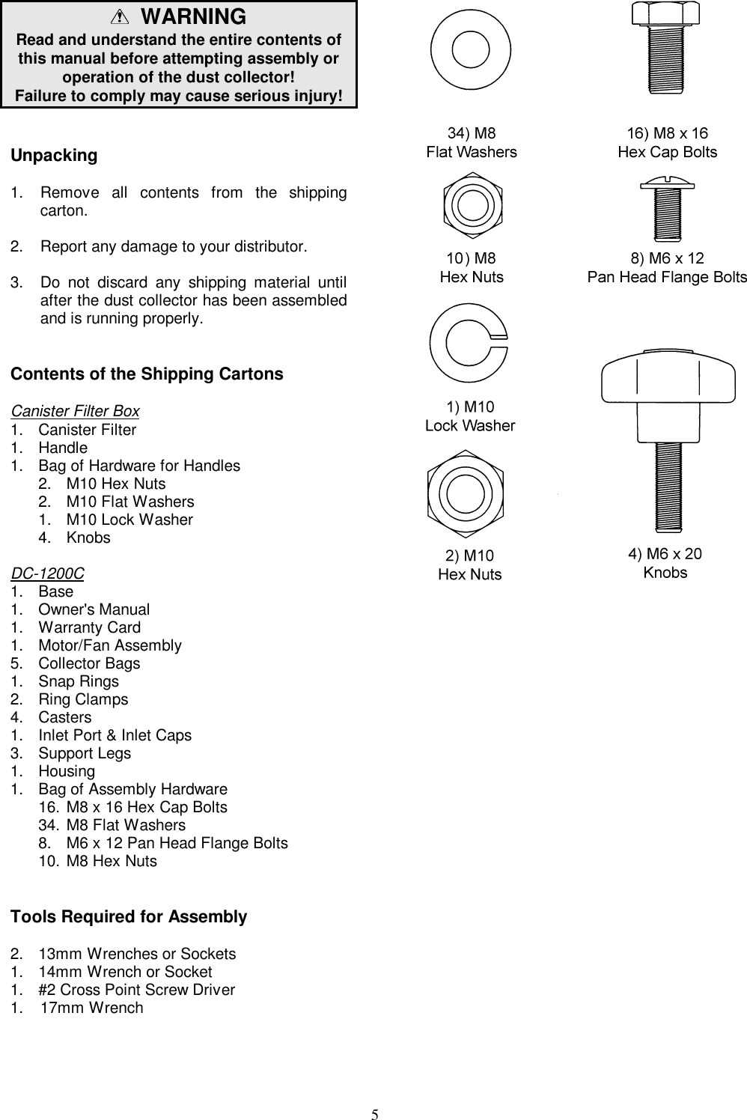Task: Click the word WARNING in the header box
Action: [x=193, y=16]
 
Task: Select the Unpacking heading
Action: [x=54, y=156]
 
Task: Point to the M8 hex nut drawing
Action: [x=472, y=204]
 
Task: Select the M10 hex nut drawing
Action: [x=466, y=493]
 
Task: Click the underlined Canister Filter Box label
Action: [x=75, y=411]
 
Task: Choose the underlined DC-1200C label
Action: [x=47, y=573]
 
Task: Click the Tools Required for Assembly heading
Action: [x=129, y=917]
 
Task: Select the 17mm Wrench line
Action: [x=91, y=1008]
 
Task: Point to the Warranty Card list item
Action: [x=89, y=627]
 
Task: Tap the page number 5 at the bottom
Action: [x=375, y=1113]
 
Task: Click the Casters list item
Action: [x=64, y=717]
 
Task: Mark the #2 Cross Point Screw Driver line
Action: [x=136, y=990]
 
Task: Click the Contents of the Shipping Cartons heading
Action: [x=147, y=374]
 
